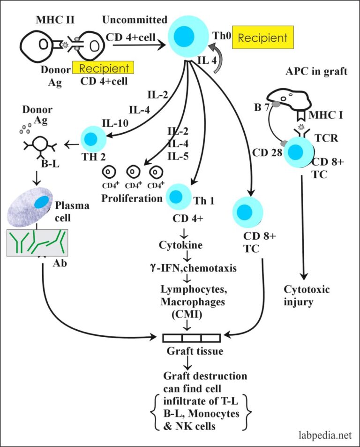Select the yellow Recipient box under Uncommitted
pos(104,68)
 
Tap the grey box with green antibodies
pos(37,242)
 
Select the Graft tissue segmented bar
pos(191,337)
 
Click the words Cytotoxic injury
pos(307,295)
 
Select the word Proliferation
pos(132,198)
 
